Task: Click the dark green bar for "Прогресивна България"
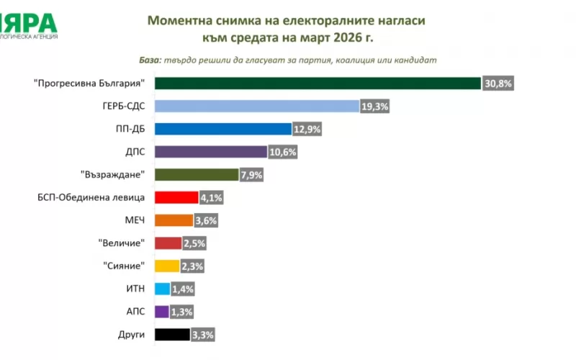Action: [317, 84]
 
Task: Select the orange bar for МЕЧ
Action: [174, 220]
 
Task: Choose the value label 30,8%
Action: [498, 84]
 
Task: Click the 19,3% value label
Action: [375, 107]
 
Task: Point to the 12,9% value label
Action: [307, 130]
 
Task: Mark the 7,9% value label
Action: [253, 175]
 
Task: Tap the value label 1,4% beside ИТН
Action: [183, 289]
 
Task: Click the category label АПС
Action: [135, 312]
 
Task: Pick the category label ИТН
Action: [135, 289]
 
